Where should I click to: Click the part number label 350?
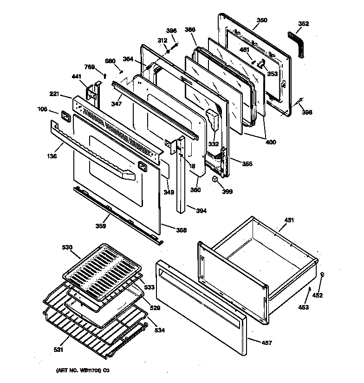coord(262,20)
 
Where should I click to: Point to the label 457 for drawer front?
coord(266,343)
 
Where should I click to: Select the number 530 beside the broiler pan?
coord(67,248)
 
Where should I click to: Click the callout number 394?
coord(201,211)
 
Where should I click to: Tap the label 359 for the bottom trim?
coord(101,226)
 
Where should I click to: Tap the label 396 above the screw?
coord(171,31)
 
